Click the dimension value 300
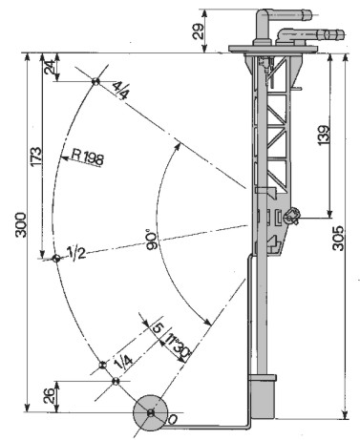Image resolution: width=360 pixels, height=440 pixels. (x=21, y=225)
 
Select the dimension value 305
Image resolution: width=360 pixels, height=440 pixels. (x=338, y=239)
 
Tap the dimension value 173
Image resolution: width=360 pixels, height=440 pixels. (x=35, y=157)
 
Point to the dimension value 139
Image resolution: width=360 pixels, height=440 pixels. (x=324, y=136)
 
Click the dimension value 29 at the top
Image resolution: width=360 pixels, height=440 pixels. (x=199, y=31)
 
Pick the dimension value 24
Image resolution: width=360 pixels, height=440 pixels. (x=50, y=68)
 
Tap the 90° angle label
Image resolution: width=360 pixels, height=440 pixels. (x=153, y=239)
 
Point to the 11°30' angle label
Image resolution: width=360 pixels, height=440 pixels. (x=177, y=346)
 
